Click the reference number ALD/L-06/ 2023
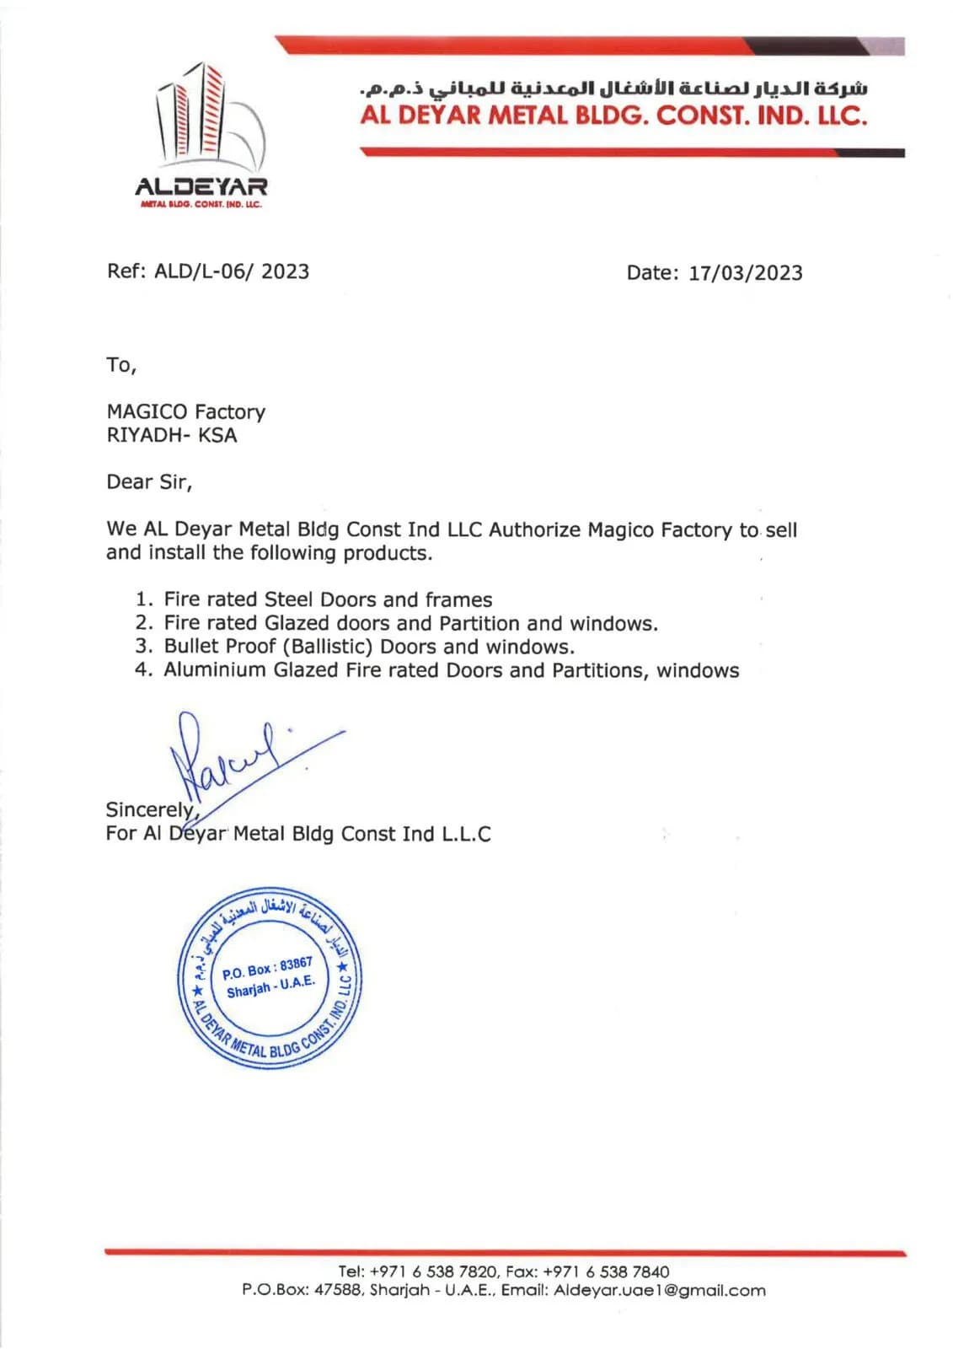[x=232, y=271]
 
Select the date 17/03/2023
[x=746, y=273]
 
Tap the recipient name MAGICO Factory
[x=185, y=411]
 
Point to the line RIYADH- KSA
[x=171, y=435]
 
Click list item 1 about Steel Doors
[x=328, y=599]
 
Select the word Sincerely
[x=150, y=809]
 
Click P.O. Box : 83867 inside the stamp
[x=267, y=968]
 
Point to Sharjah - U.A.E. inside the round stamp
[x=270, y=986]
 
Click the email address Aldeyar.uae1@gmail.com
[x=660, y=1290]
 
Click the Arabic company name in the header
[x=613, y=89]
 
